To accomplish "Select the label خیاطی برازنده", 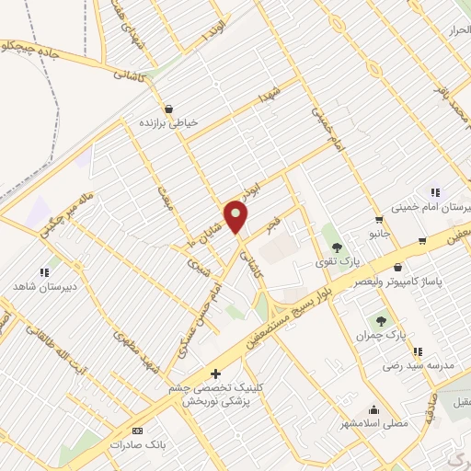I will click(x=168, y=122).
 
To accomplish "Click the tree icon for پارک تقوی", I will click(x=337, y=247).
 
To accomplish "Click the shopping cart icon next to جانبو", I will click(x=379, y=220).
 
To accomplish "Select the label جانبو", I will click(x=380, y=234).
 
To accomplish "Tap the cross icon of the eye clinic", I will click(x=215, y=373).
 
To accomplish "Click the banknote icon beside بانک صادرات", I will click(x=138, y=431).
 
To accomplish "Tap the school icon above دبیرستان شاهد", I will click(x=43, y=272).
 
